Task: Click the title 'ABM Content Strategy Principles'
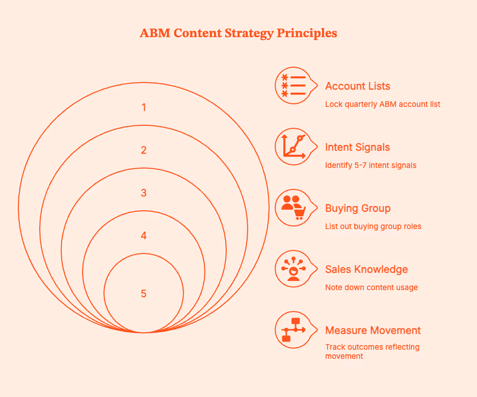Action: click(x=238, y=34)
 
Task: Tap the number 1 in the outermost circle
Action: click(x=144, y=107)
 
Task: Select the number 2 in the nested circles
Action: click(x=144, y=150)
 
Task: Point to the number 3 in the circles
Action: click(x=144, y=193)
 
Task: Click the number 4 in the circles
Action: click(x=144, y=236)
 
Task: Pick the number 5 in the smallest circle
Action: click(x=144, y=294)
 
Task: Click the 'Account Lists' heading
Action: click(x=357, y=86)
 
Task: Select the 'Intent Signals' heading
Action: click(x=357, y=147)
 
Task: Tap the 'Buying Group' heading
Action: click(x=357, y=208)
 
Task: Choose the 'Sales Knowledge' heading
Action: click(x=366, y=269)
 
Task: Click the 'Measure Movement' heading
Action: click(x=373, y=330)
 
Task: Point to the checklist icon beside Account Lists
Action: click(x=293, y=86)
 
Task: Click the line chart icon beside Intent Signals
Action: click(x=293, y=147)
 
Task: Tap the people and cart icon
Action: click(x=293, y=208)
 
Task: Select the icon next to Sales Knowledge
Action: click(x=293, y=269)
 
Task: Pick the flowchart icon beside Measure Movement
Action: click(x=293, y=330)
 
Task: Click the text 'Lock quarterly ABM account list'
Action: click(x=383, y=104)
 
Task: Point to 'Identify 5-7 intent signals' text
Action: click(x=370, y=165)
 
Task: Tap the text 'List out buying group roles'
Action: click(x=373, y=226)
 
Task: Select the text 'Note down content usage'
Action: click(x=371, y=288)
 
